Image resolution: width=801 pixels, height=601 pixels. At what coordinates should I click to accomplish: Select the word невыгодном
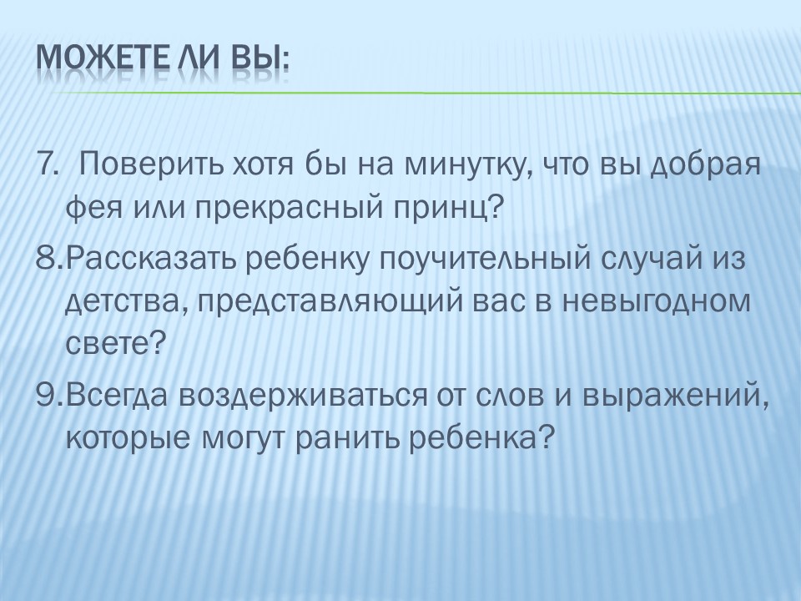pos(657,302)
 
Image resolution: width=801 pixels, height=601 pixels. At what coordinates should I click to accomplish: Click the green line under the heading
pos(425,93)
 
